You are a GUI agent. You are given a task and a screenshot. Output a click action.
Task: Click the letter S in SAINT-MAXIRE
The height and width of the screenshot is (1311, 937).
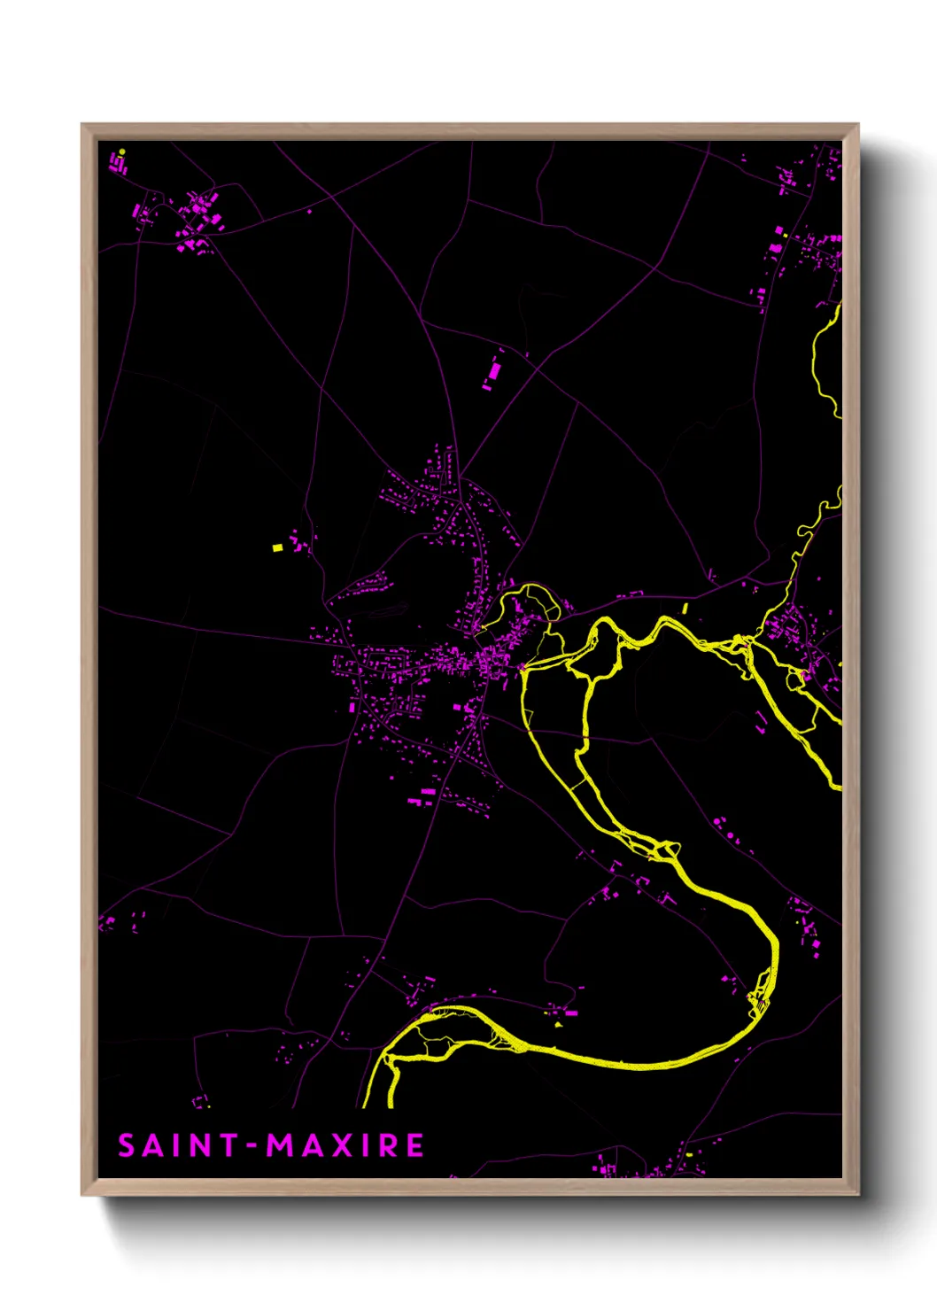[x=127, y=1145]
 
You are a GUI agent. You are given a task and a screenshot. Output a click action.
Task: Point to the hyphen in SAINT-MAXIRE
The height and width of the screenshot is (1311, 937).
[x=252, y=1146]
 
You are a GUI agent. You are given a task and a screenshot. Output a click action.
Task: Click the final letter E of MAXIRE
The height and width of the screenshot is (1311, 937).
[x=414, y=1145]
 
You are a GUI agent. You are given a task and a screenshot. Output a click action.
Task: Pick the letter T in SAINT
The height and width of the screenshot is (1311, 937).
[x=228, y=1145]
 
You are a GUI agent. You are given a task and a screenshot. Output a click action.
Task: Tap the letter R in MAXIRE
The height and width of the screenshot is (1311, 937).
[x=390, y=1145]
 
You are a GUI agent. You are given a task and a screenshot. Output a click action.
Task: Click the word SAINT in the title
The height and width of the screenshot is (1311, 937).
[x=177, y=1145]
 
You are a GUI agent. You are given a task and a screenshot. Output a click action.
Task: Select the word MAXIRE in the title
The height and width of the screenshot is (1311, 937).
[x=346, y=1145]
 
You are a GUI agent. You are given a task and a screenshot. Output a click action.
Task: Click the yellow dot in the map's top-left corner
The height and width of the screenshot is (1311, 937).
[x=122, y=151]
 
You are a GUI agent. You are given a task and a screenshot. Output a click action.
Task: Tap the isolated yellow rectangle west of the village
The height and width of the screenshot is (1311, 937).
[x=277, y=547]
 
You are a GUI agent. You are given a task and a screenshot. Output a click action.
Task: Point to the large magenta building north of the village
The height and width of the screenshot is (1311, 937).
[x=494, y=369]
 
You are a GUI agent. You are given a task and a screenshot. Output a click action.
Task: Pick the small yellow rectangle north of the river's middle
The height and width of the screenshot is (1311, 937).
[x=685, y=609]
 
